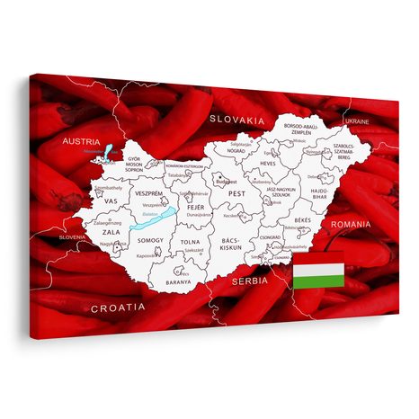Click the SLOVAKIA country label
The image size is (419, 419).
237,119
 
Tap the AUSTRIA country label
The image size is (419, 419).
82,141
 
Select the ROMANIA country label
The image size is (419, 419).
349,222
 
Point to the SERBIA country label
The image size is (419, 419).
250,281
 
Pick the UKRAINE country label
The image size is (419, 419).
357,120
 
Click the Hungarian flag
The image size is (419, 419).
318,275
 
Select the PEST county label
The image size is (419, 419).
236,193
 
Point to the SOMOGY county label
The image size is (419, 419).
151,241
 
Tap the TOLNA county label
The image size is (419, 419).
191,242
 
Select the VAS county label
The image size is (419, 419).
111,201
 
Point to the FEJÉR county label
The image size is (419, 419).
195,209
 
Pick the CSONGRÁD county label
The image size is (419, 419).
269,238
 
